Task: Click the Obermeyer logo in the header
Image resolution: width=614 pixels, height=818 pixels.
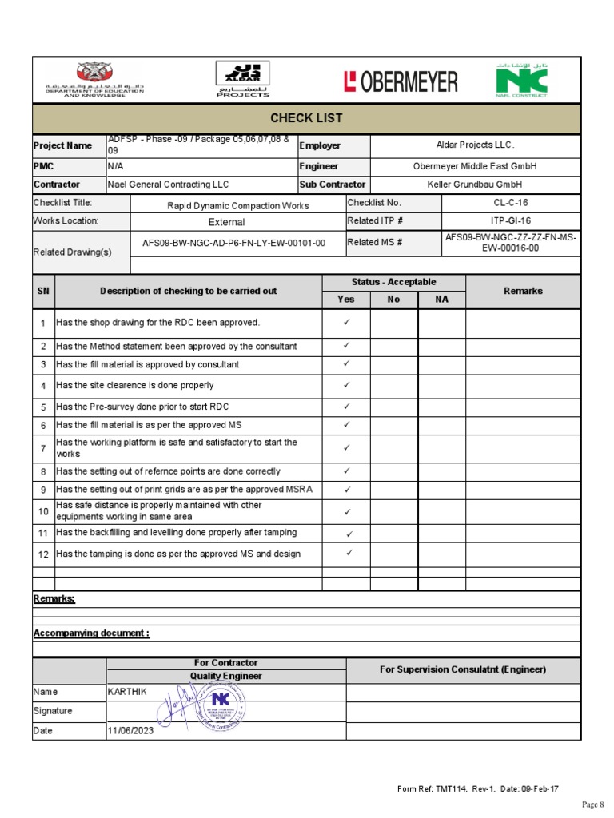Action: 401,81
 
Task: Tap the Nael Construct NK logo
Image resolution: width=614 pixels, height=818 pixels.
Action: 520,81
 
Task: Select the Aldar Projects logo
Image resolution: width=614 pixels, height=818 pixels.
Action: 243,80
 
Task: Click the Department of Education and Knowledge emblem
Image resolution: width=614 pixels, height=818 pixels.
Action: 94,79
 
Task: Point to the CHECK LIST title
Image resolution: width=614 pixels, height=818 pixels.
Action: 306,118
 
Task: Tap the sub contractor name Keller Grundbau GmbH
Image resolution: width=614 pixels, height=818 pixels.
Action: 475,185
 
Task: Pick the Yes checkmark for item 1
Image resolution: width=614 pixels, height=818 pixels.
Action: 346,323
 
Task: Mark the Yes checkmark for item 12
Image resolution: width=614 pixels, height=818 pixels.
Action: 349,553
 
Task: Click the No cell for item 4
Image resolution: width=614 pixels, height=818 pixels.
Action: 393,385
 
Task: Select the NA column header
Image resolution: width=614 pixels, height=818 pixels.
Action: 441,300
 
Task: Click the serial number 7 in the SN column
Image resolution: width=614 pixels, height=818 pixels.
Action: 43,447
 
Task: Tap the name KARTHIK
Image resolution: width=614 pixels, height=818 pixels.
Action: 127,692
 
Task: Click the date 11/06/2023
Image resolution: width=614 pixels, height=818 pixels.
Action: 130,731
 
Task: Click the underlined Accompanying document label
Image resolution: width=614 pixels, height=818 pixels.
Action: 90,633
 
